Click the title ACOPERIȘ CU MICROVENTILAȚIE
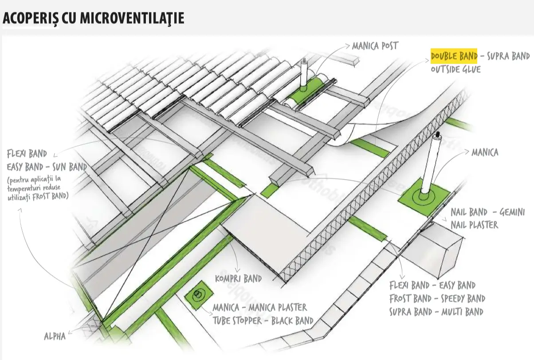pyautogui.click(x=93, y=18)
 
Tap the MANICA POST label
pyautogui.click(x=375, y=46)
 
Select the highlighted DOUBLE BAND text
pyautogui.click(x=454, y=56)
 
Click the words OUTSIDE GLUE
pyautogui.click(x=455, y=69)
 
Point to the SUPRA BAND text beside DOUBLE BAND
pyautogui.click(x=508, y=56)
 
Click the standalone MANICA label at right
pyautogui.click(x=484, y=153)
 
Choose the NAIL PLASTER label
pyautogui.click(x=474, y=225)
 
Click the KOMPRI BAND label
pyautogui.click(x=238, y=279)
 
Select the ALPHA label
pyautogui.click(x=55, y=336)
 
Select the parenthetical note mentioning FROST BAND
pyautogui.click(x=38, y=188)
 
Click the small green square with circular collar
pyautogui.click(x=198, y=294)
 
